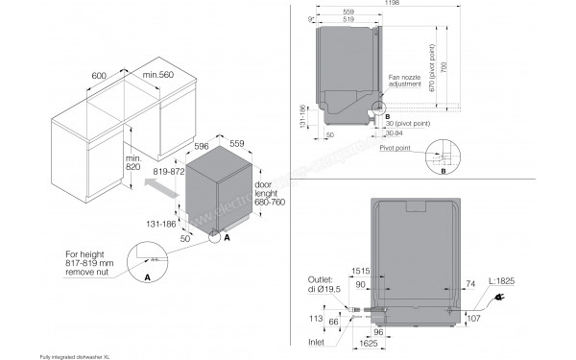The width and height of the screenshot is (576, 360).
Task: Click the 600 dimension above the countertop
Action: click(98, 73)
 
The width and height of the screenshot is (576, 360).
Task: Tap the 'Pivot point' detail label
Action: click(395, 149)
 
